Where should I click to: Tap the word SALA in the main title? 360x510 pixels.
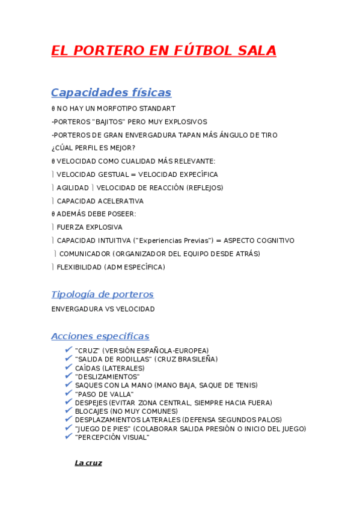click(x=254, y=51)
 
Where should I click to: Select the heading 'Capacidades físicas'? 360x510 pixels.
click(x=111, y=93)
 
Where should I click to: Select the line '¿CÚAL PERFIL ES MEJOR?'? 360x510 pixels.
click(x=93, y=148)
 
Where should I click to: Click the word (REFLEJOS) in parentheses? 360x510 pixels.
click(x=204, y=188)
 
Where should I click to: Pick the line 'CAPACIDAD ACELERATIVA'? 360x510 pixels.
click(x=100, y=201)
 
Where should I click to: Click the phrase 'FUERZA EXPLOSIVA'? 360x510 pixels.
click(x=90, y=227)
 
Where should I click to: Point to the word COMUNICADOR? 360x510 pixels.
click(x=84, y=254)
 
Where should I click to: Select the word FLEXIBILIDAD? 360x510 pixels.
click(x=79, y=267)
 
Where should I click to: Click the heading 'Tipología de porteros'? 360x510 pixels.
click(x=102, y=295)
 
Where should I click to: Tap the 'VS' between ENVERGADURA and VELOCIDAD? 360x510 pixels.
click(x=110, y=309)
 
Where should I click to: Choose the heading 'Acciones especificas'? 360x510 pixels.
click(x=100, y=336)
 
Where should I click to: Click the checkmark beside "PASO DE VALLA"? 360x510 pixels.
click(x=69, y=393)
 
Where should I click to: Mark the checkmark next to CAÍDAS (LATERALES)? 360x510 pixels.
click(x=69, y=367)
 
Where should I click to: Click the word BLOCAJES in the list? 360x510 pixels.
click(x=92, y=411)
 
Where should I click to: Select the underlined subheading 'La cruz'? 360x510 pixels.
click(x=88, y=462)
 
